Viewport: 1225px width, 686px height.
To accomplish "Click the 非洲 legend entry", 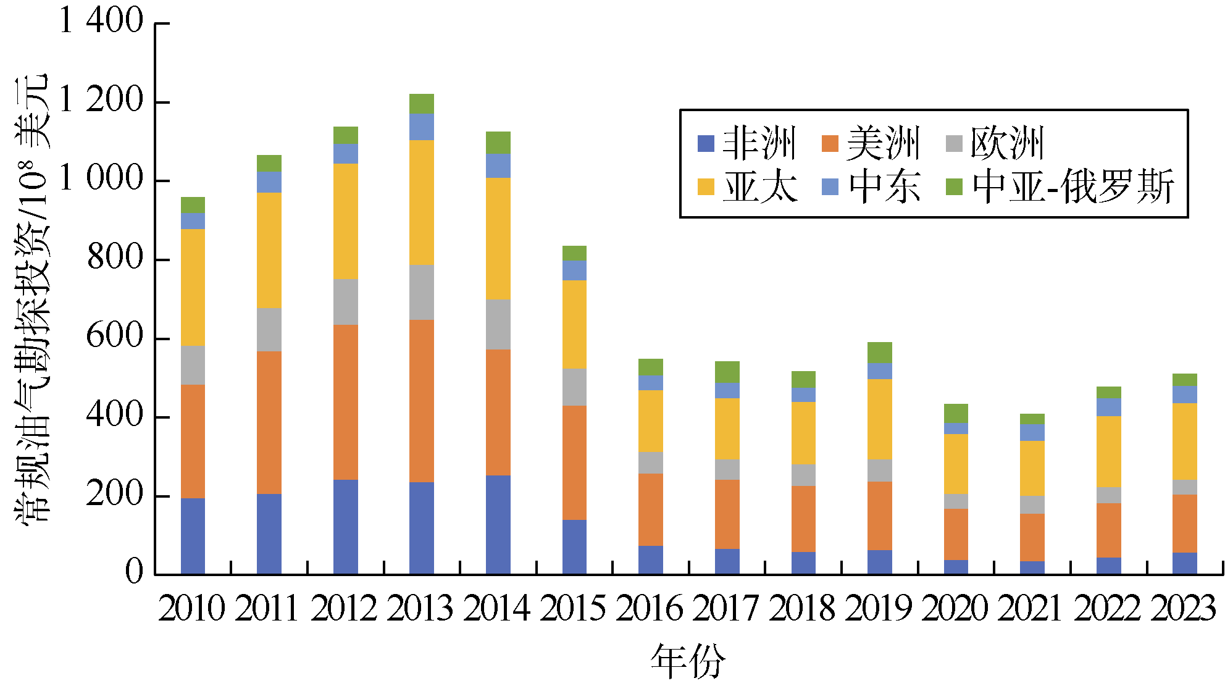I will tap(747, 143).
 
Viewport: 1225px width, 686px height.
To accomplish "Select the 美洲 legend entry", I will tap(871, 143).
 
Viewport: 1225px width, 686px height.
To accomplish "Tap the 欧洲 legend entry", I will tap(995, 143).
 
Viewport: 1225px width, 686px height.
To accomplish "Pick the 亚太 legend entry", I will tap(747, 186).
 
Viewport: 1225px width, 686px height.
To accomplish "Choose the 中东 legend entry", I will tap(871, 186).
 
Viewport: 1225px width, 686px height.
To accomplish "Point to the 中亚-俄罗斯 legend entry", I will tap(1060, 186).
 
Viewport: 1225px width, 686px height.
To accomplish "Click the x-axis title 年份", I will tap(688, 661).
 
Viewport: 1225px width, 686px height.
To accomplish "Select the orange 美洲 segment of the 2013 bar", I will tap(422, 401).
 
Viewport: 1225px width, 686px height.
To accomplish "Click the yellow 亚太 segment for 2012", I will tap(345, 221).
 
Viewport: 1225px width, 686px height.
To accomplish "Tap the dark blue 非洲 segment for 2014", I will tap(498, 525).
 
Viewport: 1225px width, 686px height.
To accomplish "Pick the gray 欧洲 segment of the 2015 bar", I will tap(574, 387).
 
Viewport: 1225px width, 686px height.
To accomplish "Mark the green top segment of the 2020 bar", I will tap(956, 413).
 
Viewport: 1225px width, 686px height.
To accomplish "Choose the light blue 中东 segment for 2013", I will tap(422, 127).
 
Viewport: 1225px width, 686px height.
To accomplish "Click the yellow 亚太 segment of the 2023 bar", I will tap(1184, 441).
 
